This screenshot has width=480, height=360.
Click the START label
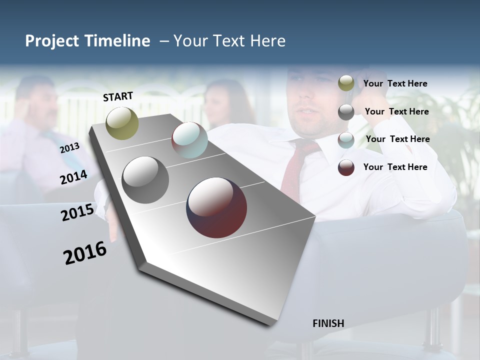point(118,96)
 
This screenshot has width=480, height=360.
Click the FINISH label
point(328,323)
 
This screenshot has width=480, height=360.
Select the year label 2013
point(69,148)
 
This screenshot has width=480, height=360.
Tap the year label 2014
point(73,177)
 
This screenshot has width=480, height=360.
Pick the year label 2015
point(77,212)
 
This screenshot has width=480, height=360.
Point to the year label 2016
point(85,253)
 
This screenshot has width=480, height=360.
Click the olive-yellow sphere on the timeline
point(122,123)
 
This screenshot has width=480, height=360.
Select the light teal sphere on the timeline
point(189,140)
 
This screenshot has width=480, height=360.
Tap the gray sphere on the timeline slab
point(145,179)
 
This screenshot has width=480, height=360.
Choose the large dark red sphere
point(216,207)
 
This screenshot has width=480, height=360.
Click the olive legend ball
point(346,83)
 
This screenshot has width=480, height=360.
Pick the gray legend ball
point(346,112)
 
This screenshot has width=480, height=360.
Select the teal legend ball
point(346,140)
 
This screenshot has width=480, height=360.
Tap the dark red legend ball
point(346,167)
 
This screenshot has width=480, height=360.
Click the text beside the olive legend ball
point(395,83)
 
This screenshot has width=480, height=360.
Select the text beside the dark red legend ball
point(395,167)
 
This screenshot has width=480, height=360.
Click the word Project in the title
point(51,41)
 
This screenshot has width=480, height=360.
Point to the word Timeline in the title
point(117,41)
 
